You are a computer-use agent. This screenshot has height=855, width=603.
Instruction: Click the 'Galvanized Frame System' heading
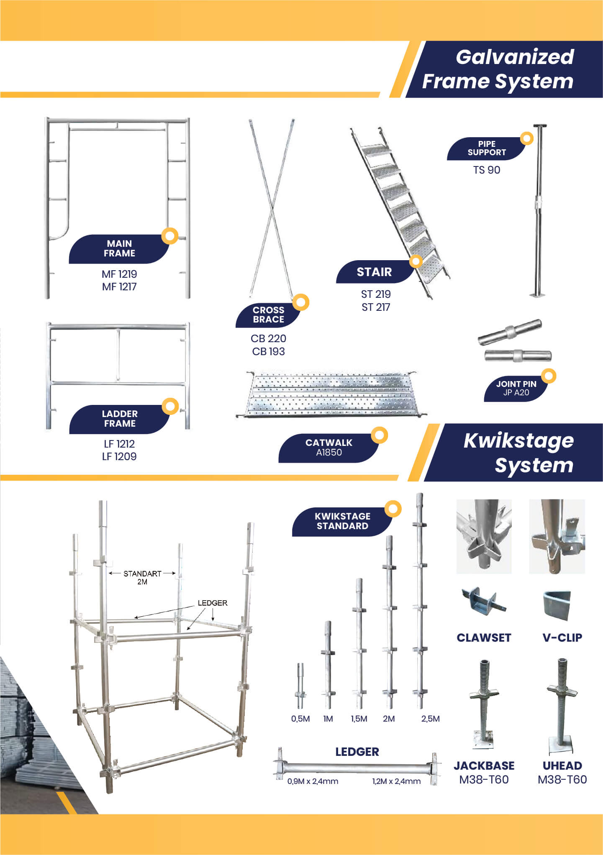pos(498,69)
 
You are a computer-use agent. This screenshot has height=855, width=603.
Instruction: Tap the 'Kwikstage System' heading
pos(518,453)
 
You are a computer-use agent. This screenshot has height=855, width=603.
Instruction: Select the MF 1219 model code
pos(119,274)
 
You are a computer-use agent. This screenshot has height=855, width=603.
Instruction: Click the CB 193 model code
pos(268,351)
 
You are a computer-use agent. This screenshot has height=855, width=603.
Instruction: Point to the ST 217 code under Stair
pos(376,307)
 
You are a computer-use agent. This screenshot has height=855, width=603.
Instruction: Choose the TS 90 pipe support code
pos(487,170)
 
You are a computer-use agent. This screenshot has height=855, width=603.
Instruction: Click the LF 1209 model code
pos(119,456)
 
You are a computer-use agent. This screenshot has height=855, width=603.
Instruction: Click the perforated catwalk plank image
pos(331,394)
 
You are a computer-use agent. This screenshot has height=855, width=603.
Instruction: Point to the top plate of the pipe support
pos(540,125)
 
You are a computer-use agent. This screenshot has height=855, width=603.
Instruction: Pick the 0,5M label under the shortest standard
pos(300,719)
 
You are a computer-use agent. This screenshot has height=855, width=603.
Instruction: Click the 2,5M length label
pos(430,719)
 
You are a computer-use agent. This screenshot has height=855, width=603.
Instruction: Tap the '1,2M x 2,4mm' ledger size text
pos(396,781)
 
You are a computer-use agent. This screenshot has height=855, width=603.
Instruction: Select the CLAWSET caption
pos(484,637)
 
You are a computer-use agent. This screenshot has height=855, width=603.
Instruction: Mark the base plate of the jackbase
pos(483,740)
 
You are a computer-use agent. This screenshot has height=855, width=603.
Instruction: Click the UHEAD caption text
pos(562,765)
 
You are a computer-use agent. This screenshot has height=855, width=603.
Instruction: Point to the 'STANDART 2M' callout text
pos(142,577)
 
